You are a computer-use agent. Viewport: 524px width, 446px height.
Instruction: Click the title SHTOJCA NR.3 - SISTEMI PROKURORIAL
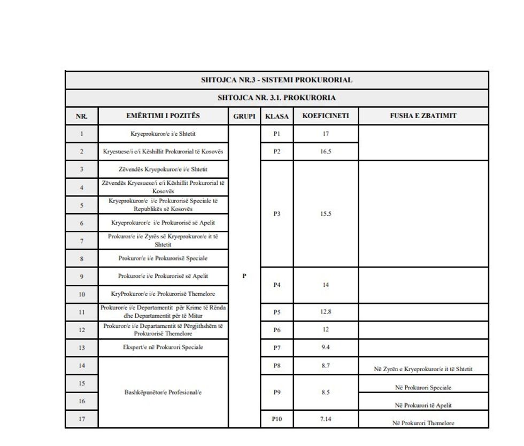276,80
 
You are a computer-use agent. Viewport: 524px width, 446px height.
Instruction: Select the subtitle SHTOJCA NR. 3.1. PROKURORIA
276,98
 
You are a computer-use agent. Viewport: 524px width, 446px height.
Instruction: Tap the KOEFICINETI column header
326,116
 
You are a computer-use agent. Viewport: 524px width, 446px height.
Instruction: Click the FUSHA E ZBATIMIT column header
423,116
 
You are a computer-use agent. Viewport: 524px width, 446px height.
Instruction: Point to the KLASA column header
276,116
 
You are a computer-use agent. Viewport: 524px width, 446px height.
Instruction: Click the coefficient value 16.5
326,151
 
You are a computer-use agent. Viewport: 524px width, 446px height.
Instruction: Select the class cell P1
276,134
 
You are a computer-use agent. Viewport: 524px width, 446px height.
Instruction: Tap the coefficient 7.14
326,419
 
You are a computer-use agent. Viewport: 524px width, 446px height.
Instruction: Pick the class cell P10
276,419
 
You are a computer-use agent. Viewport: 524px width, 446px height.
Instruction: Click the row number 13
81,348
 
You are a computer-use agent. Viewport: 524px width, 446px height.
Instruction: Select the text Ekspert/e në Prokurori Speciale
163,347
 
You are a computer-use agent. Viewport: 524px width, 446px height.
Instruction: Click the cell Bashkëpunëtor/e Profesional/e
163,392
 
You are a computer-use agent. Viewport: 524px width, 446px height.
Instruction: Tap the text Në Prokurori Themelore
423,423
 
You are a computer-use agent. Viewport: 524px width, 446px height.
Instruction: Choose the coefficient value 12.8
326,311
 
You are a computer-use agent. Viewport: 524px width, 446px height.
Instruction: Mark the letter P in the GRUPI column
244,276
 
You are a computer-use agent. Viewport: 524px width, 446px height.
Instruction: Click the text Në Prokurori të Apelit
423,405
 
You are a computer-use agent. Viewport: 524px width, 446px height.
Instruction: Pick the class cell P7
276,347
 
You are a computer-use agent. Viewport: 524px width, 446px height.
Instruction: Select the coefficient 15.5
326,214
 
